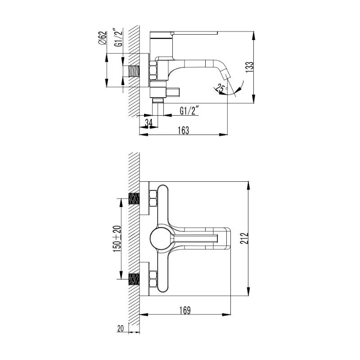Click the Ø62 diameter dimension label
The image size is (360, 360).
(103, 38)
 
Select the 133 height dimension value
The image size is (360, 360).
(250, 67)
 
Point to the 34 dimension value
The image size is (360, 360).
(148, 122)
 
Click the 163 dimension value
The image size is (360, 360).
(183, 130)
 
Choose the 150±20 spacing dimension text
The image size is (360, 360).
(117, 238)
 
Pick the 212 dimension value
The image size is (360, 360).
(245, 238)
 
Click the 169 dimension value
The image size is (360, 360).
(185, 310)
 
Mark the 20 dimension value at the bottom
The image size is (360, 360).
(120, 328)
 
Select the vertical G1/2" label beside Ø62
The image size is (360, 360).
(119, 38)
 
